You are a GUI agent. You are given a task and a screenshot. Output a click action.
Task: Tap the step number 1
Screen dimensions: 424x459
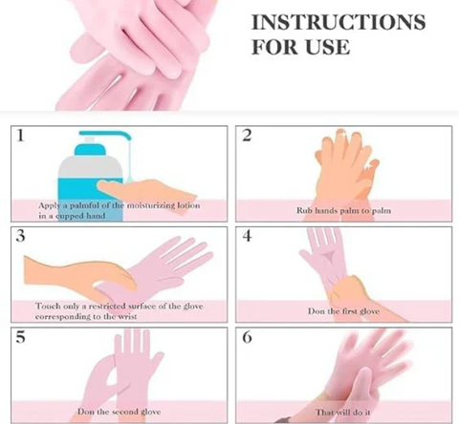[x=20, y=137]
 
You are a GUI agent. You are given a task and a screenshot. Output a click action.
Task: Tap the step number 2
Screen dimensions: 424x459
[x=247, y=137]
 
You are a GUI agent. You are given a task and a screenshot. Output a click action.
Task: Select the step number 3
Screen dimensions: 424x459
[x=20, y=236]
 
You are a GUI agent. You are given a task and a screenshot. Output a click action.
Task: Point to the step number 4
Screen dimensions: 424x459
[x=247, y=236]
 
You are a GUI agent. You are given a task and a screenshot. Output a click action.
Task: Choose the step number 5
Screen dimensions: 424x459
[x=20, y=337]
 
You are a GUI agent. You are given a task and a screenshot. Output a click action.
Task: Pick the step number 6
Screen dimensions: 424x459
[x=247, y=337]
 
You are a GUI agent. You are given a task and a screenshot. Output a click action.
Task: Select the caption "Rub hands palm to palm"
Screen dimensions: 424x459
[x=341, y=210]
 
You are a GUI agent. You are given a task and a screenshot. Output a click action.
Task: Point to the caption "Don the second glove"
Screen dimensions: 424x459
[x=117, y=411]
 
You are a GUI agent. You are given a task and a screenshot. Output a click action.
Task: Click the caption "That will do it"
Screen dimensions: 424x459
[x=342, y=411]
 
